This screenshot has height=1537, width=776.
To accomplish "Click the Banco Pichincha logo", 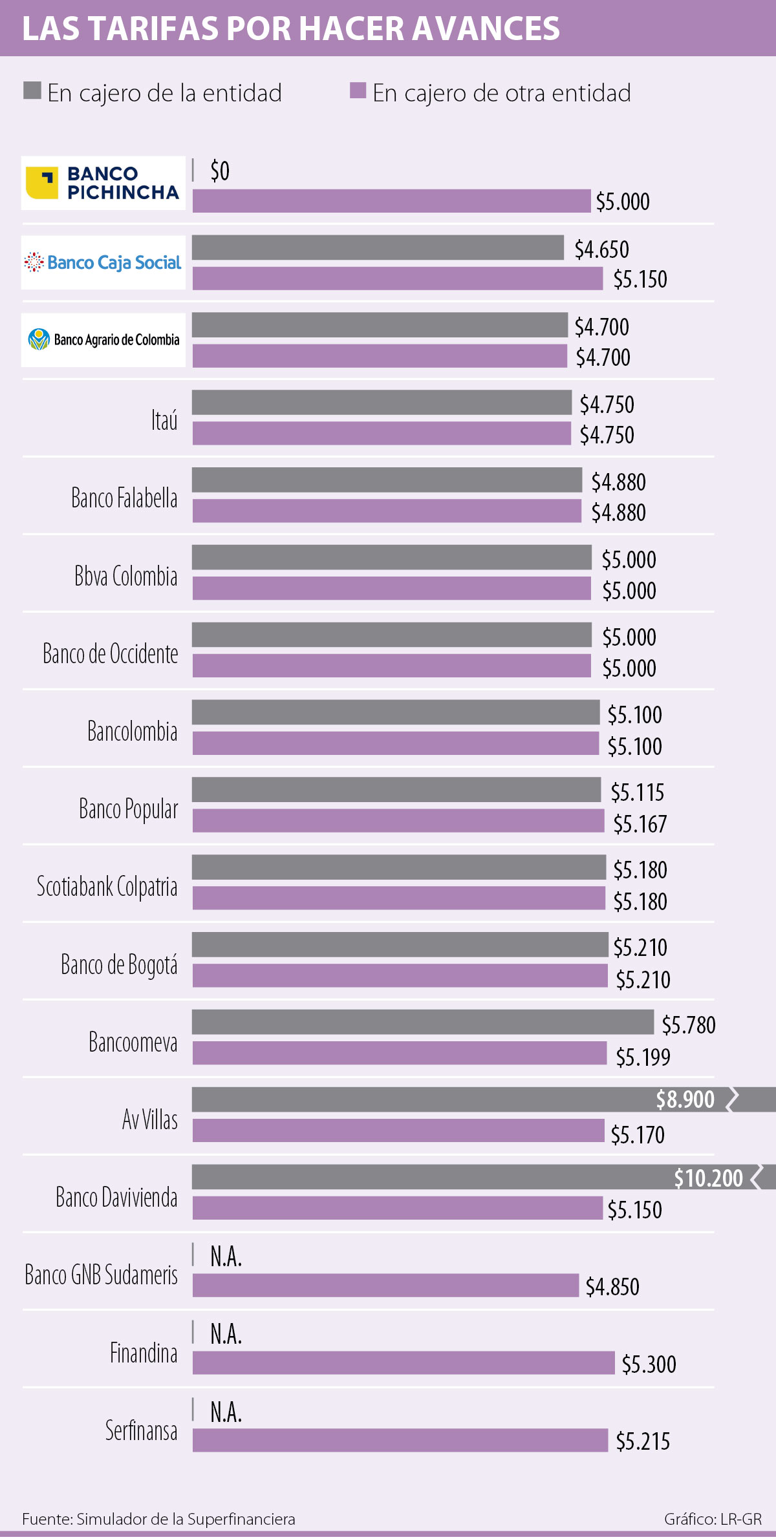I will click(x=103, y=183).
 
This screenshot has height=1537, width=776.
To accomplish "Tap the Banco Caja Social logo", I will click(x=103, y=262).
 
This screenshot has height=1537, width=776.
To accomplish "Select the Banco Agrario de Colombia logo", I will click(x=103, y=340).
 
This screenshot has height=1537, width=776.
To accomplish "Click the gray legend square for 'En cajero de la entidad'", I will click(x=32, y=90).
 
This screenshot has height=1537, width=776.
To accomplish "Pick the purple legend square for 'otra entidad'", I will click(x=358, y=90).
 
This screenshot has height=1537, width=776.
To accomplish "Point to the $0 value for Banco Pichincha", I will click(x=220, y=171).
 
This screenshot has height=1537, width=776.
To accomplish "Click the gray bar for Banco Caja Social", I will click(x=378, y=248).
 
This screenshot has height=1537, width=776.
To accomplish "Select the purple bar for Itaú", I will click(x=382, y=434).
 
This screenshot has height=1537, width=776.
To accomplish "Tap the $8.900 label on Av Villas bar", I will click(x=685, y=1099).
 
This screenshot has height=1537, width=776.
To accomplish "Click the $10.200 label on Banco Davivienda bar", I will click(x=708, y=1178).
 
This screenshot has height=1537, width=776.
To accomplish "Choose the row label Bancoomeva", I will click(x=133, y=1043).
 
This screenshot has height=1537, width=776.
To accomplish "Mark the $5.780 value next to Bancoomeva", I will click(x=689, y=1025).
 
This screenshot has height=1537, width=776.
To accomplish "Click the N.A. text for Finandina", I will click(x=226, y=1334).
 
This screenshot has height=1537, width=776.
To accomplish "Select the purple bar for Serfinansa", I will click(x=400, y=1441).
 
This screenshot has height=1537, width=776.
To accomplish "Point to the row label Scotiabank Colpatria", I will click(x=107, y=887).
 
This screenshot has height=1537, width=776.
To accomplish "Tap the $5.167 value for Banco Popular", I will click(x=640, y=824).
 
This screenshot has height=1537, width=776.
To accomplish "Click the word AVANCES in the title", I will click(x=486, y=28).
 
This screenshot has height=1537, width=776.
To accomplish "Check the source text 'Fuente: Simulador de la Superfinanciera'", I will click(x=158, y=1519).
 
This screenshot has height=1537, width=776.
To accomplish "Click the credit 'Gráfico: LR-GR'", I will click(x=713, y=1519).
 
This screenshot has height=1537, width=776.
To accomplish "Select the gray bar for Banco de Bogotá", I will click(x=400, y=944).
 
